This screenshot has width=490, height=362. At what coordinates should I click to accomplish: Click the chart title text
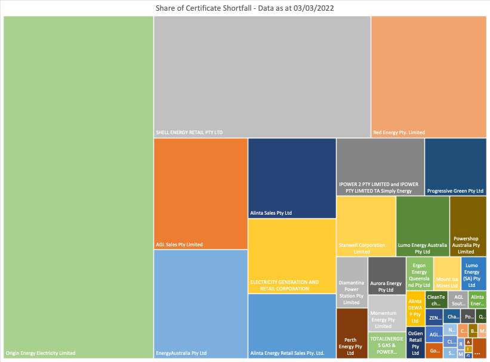click(245, 8)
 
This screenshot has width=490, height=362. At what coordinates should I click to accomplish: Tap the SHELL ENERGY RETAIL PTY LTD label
click(189, 132)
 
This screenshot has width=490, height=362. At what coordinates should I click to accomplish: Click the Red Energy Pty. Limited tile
click(429, 76)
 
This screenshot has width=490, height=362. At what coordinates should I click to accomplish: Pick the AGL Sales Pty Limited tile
click(201, 193)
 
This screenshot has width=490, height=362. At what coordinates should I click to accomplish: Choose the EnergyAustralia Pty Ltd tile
click(201, 304)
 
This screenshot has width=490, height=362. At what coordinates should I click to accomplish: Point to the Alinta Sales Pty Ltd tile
click(292, 178)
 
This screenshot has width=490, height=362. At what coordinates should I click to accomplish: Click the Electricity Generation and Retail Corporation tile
click(292, 256)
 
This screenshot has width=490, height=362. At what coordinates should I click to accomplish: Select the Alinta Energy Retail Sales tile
click(292, 326)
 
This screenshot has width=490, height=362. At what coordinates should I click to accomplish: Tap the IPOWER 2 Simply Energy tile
click(380, 166)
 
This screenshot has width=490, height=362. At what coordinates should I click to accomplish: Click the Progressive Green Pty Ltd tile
click(455, 166)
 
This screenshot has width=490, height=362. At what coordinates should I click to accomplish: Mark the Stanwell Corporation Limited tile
click(366, 226)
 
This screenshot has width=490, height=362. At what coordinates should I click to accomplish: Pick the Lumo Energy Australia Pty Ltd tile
click(423, 226)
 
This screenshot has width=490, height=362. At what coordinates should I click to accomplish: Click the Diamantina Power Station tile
click(352, 281)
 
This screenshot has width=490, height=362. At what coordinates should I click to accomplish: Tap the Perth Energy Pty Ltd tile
click(352, 333)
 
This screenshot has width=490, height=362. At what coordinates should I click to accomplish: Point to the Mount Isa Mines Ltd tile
click(446, 274)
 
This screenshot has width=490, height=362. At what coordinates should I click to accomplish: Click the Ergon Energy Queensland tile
click(419, 274)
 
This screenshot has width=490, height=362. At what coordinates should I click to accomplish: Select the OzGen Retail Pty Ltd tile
click(415, 343)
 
